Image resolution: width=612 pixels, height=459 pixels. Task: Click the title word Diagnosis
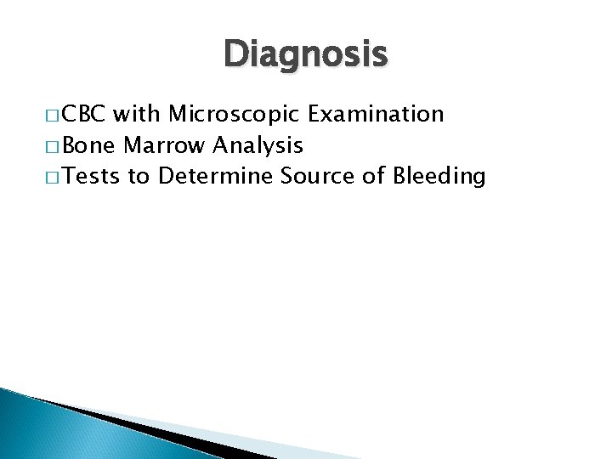pyautogui.click(x=306, y=55)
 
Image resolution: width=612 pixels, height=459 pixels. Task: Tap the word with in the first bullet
pyautogui.click(x=139, y=113)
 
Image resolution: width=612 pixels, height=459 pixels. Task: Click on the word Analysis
pyautogui.click(x=257, y=145)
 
